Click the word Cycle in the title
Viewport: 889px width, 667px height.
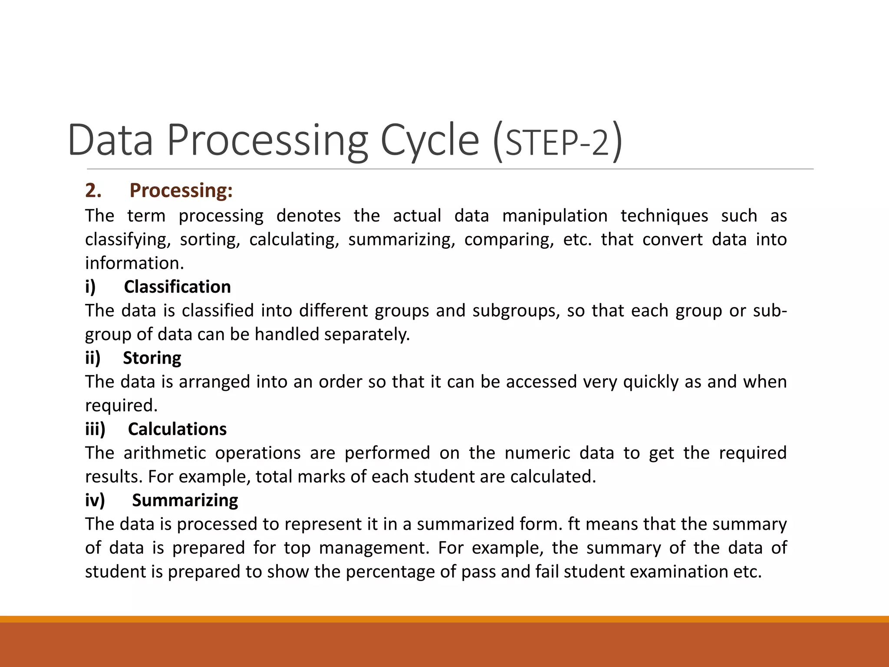click(x=430, y=140)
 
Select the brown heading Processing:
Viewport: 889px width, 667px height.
click(x=181, y=191)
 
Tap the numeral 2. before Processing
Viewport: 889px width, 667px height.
click(x=93, y=191)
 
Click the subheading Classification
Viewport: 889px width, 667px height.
click(x=177, y=287)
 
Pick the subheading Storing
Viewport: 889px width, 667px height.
click(x=152, y=358)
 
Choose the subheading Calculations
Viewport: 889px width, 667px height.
click(x=177, y=429)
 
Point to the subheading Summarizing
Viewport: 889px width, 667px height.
click(x=185, y=500)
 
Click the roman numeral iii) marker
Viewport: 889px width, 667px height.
click(x=95, y=429)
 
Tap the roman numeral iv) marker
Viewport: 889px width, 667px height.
click(x=95, y=500)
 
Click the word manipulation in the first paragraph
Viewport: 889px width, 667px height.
click(x=554, y=216)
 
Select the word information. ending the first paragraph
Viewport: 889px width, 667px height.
click(x=135, y=263)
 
